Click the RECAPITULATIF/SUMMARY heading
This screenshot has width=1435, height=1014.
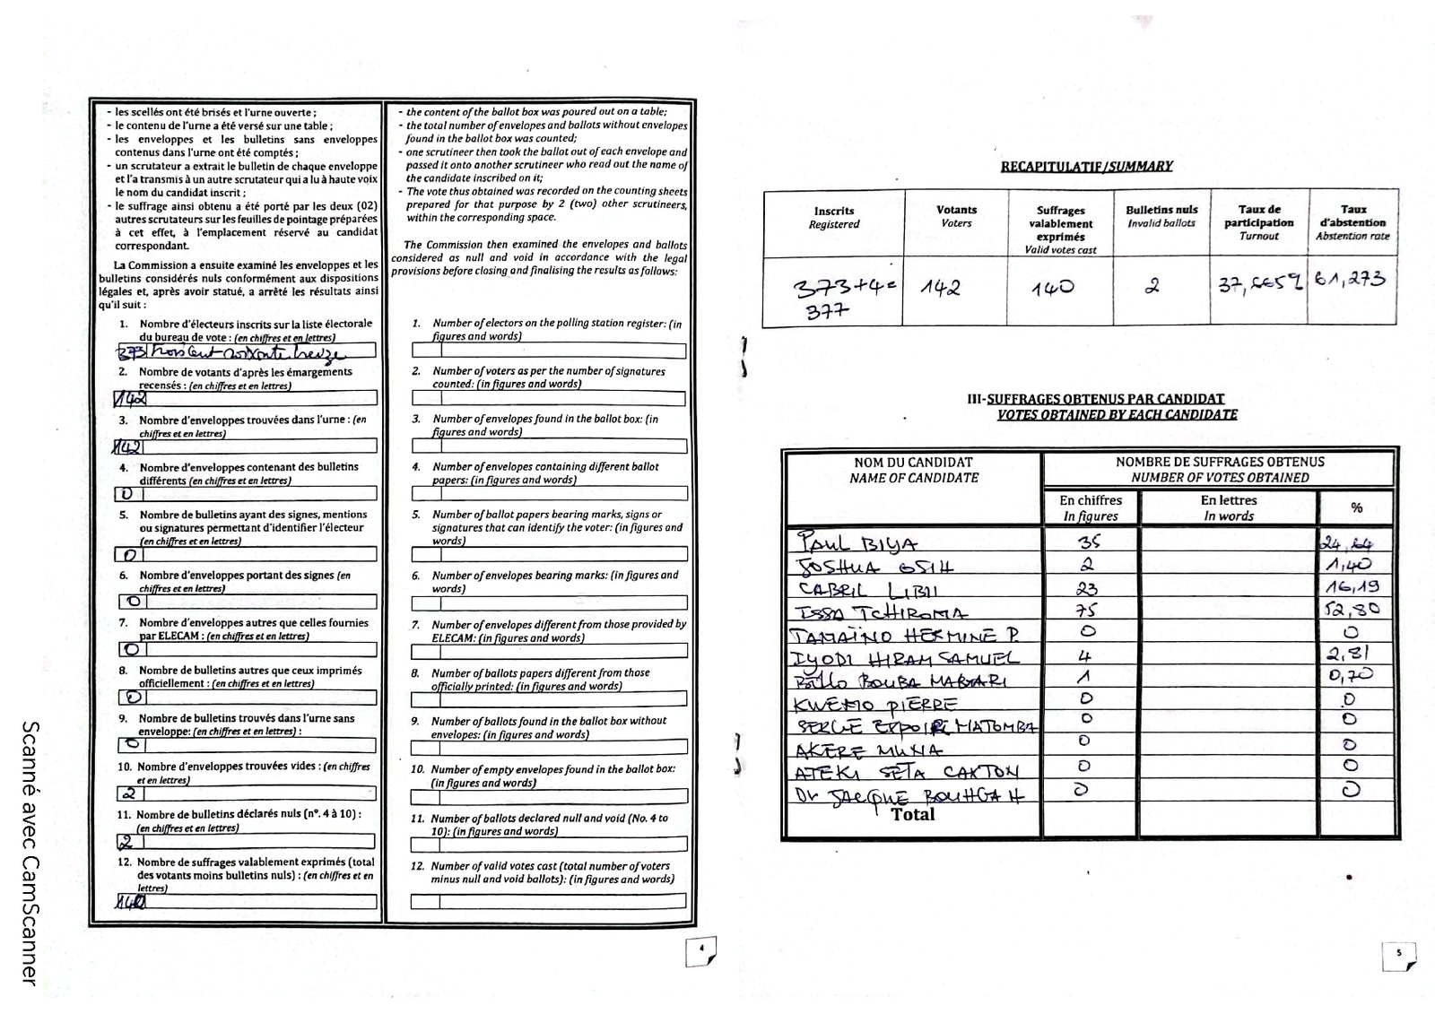coord(1086,166)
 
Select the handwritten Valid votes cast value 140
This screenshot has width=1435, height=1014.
coord(1053,289)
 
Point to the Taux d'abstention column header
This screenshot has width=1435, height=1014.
coord(1352,221)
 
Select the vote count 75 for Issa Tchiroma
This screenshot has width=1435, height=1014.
coord(1087,610)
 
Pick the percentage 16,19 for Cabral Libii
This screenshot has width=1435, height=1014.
coord(1352,587)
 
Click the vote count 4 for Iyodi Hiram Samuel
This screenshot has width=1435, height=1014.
coord(1084,656)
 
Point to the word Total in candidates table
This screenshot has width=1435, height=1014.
coord(913,814)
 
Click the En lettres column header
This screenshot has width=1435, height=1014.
coord(1229,507)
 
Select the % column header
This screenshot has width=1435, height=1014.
coord(1356,507)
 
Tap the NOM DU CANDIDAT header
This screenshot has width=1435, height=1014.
coord(913,470)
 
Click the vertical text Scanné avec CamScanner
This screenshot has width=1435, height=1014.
coord(29,852)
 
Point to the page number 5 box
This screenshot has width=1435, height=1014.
coord(1398,956)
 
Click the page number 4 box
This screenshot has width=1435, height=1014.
coord(700,950)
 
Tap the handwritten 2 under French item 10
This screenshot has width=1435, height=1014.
coord(129,793)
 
